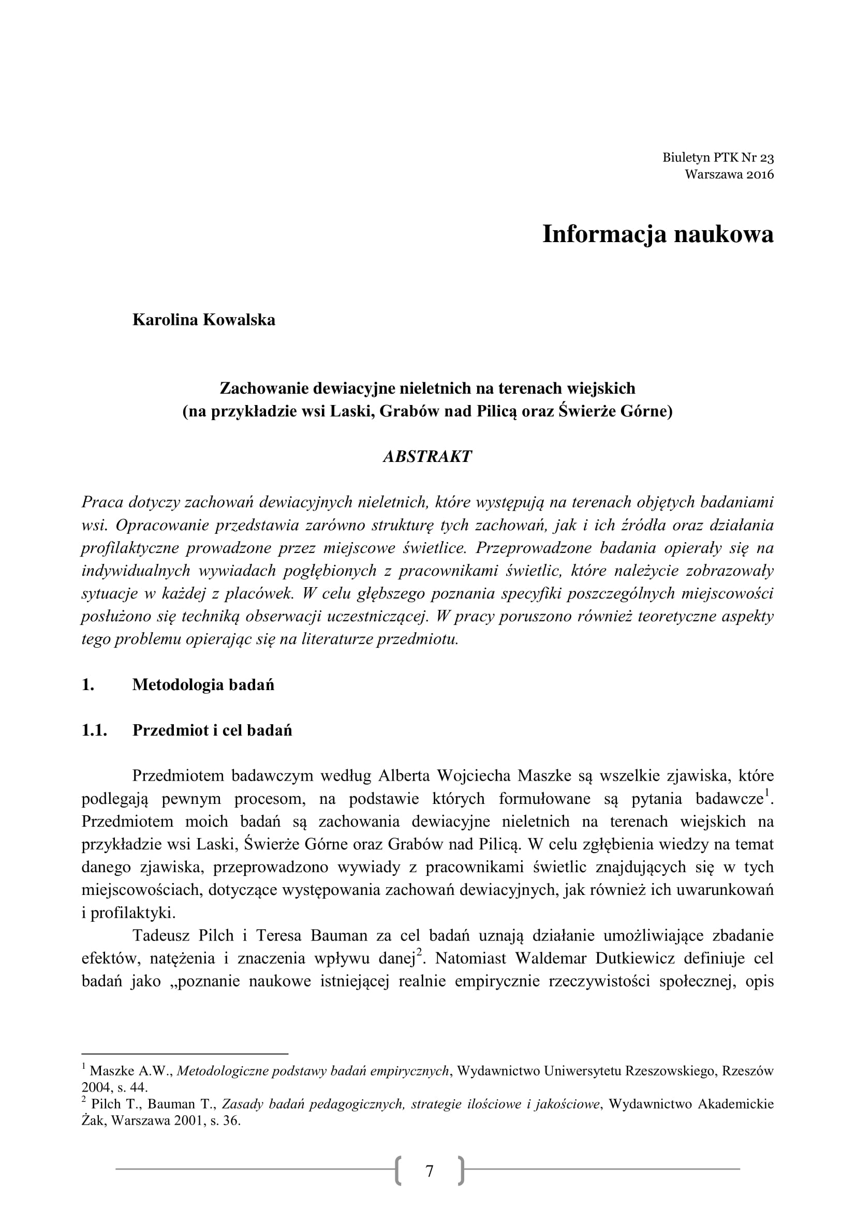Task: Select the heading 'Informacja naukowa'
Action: (658, 234)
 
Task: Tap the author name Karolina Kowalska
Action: (203, 320)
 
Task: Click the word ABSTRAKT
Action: (427, 456)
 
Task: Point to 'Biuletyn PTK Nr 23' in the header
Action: (718, 158)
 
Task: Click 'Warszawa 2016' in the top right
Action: (729, 174)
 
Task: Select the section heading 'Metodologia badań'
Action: (203, 684)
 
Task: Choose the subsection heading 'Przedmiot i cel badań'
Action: (212, 730)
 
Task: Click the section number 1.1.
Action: (94, 730)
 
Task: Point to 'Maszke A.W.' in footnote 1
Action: (131, 1071)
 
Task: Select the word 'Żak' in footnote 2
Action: (93, 1121)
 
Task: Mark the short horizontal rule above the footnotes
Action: (184, 1053)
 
